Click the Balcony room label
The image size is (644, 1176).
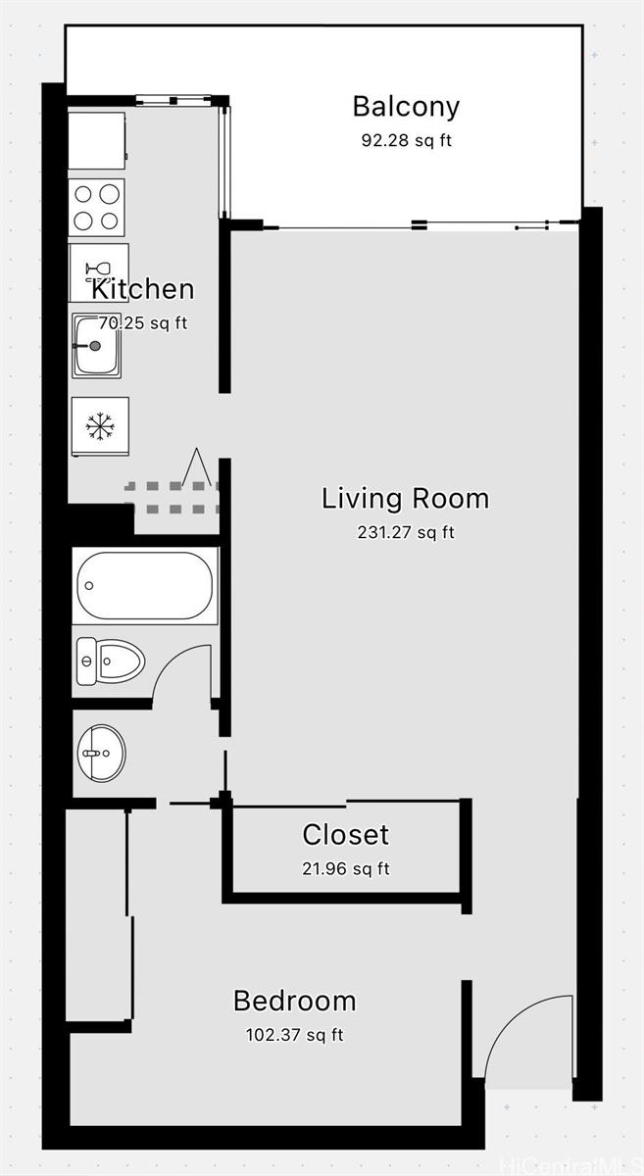click(406, 106)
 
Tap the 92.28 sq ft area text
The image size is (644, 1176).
click(406, 140)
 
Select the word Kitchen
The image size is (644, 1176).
click(143, 289)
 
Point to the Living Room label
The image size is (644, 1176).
click(405, 498)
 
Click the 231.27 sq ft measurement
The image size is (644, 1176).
click(405, 533)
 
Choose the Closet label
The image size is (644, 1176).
click(345, 835)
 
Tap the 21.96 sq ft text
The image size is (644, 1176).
click(345, 868)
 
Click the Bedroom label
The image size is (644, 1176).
click(294, 1001)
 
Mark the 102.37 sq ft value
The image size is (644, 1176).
click(294, 1035)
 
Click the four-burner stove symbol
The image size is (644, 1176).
click(98, 207)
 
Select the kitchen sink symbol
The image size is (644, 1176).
click(97, 346)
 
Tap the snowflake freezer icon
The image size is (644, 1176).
click(98, 426)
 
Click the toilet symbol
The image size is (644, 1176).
click(110, 661)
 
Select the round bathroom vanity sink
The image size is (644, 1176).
click(101, 753)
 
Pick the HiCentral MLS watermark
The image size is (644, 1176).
click(570, 1165)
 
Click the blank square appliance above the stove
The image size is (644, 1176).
click(96, 141)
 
